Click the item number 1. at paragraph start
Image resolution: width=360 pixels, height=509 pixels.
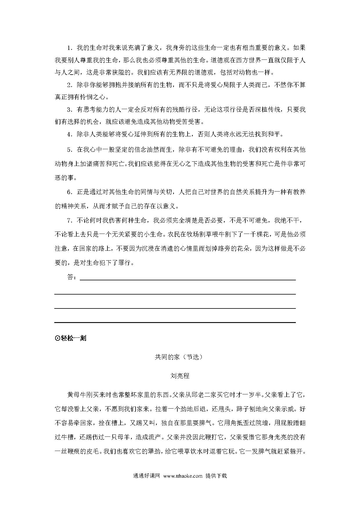[x=69, y=48]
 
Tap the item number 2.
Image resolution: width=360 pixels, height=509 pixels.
[x=69, y=85]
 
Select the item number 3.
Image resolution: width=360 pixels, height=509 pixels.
[x=69, y=109]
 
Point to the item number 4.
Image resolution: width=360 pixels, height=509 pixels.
[x=69, y=134]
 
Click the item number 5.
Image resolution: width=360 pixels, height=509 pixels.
[x=69, y=150]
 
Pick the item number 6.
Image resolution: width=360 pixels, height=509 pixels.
[x=69, y=192]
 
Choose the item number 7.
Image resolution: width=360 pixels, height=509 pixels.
[x=69, y=221]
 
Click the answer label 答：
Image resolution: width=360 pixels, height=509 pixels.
[x=72, y=277]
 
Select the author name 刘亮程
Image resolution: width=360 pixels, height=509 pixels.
[x=180, y=376]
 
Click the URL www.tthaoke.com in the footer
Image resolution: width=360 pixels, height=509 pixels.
[x=183, y=476]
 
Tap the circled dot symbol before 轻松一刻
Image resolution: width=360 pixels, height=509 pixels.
[x=57, y=338]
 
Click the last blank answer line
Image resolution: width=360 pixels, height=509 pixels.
[x=175, y=322]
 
